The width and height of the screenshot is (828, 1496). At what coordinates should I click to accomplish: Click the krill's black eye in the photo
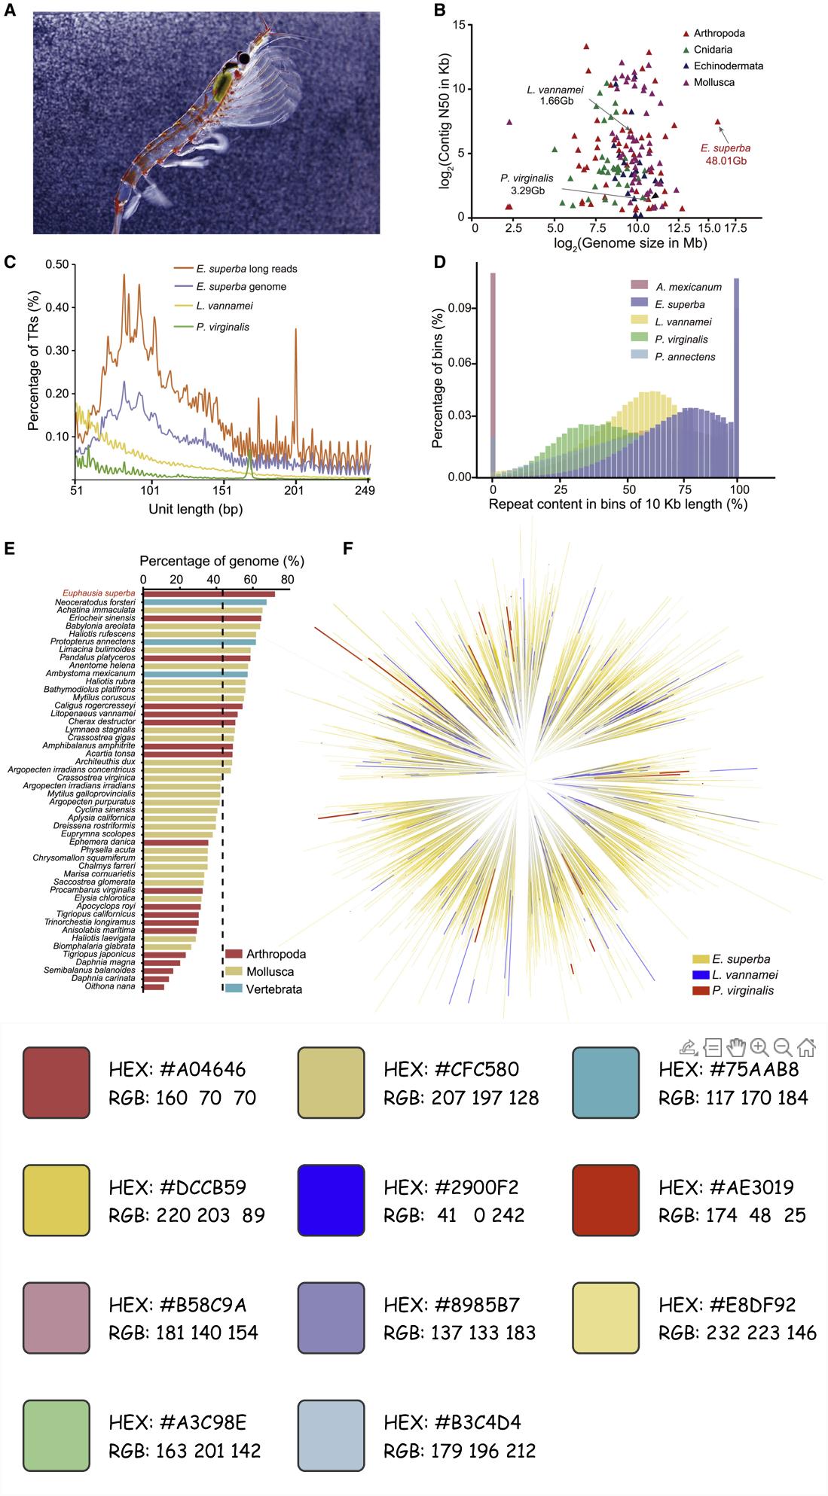[x=243, y=59]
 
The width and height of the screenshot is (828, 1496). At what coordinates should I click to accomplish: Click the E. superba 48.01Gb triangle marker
[x=718, y=122]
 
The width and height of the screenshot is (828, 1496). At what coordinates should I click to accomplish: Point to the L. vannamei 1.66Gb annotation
[x=555, y=96]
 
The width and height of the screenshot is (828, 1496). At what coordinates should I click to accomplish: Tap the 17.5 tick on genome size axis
[x=735, y=228]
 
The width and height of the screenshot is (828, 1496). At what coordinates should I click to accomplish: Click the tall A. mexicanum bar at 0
[x=493, y=376]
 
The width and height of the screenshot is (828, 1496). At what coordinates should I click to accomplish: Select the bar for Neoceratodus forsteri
[x=205, y=602]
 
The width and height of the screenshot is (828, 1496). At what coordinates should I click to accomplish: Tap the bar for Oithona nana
[x=154, y=987]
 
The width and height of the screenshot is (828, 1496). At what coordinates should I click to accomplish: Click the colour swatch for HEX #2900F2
[x=331, y=1200]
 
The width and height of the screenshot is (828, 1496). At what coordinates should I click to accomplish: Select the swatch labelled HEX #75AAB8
[x=606, y=1082]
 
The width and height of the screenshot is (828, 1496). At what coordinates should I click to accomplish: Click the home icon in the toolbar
[x=806, y=1047]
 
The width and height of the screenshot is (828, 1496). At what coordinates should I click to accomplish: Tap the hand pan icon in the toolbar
[x=736, y=1047]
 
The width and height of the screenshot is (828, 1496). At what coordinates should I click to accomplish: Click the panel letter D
[x=440, y=261]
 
